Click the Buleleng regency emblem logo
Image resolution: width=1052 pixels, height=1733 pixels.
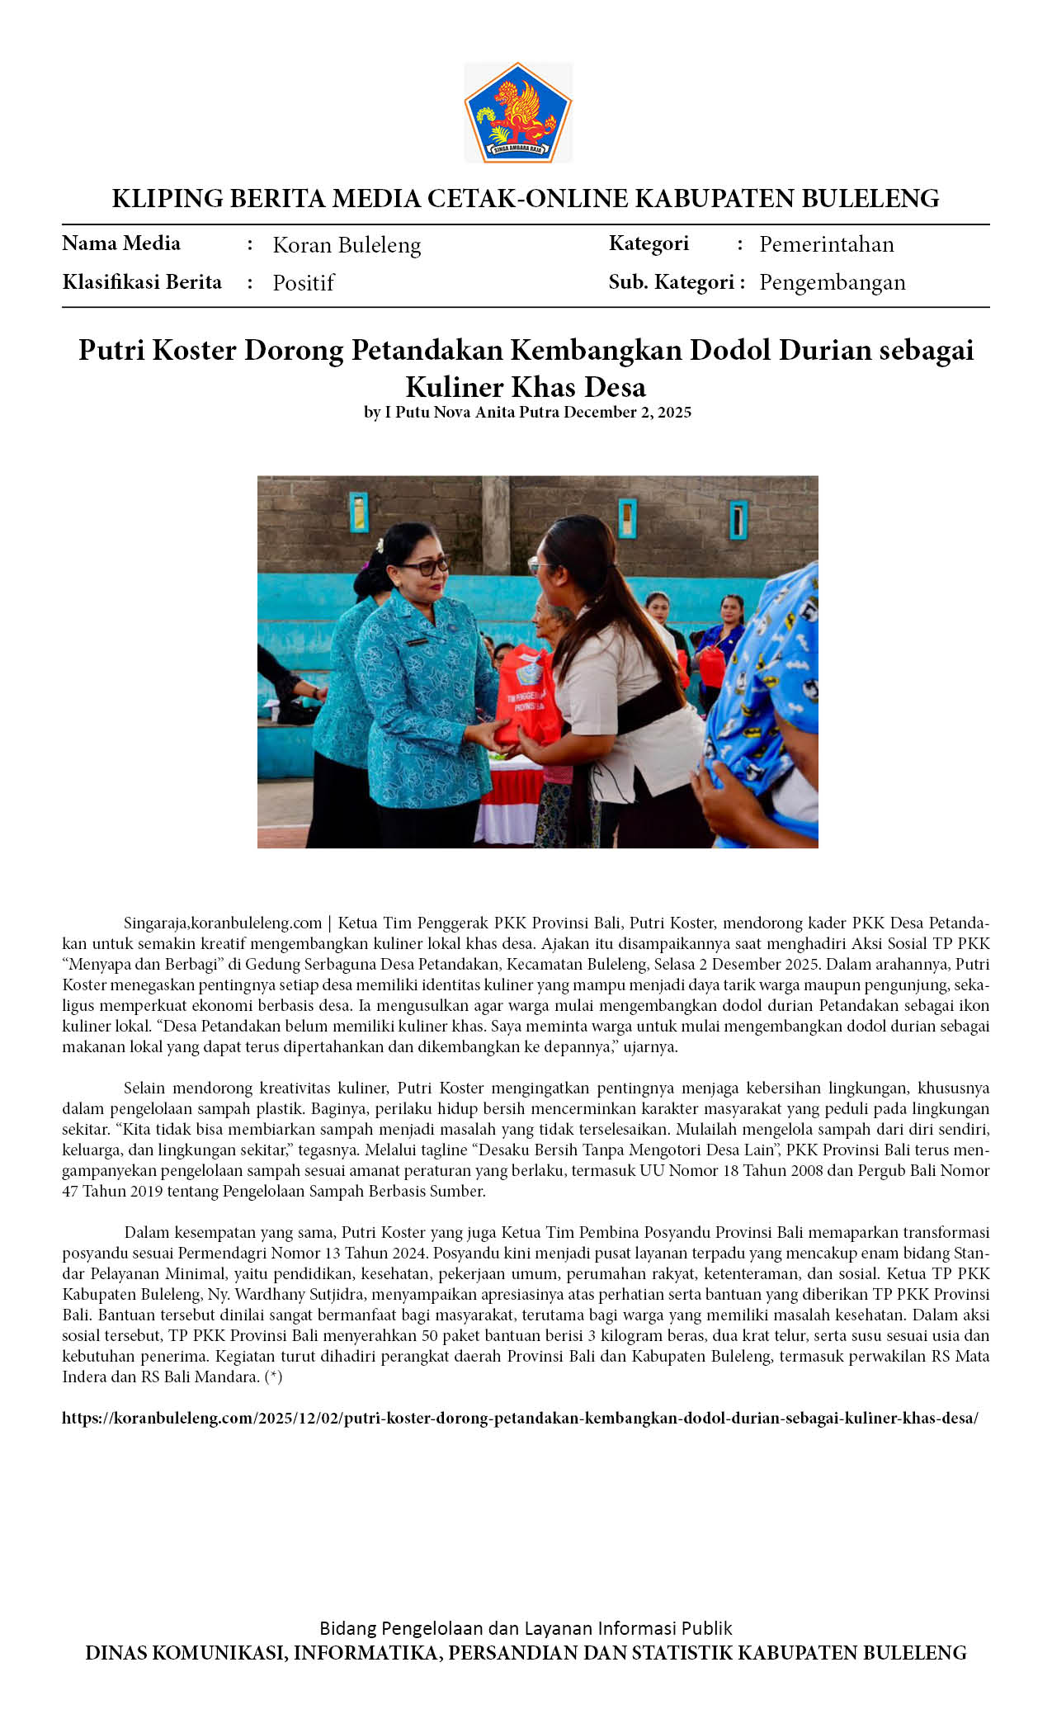[518, 113]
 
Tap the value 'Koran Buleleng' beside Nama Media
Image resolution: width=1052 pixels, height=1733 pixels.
[347, 245]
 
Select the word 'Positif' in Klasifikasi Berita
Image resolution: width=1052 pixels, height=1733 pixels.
[304, 283]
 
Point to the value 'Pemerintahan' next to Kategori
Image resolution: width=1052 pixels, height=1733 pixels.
[827, 244]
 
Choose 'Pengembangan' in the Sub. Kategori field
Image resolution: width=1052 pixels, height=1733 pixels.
[833, 282]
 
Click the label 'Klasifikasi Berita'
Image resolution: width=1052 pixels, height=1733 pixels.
[142, 282]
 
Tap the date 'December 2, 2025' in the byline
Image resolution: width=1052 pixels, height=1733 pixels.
[627, 412]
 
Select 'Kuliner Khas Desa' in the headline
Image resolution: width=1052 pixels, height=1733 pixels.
[526, 386]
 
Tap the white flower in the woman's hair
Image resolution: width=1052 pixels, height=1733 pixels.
[380, 545]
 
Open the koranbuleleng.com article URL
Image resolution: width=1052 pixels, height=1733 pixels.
[520, 1418]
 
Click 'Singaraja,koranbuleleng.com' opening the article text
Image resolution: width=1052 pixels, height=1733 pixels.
[223, 923]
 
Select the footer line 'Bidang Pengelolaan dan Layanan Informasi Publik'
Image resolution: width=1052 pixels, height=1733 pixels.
[526, 1627]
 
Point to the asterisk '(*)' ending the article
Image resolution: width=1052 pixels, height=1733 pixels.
[274, 1376]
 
